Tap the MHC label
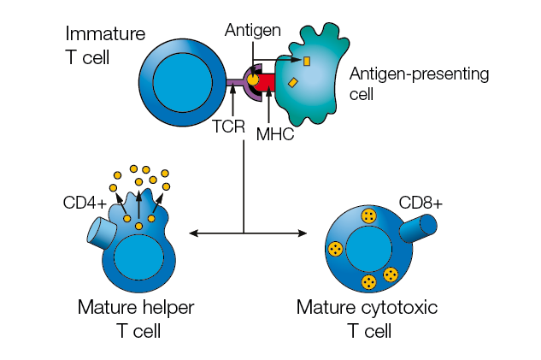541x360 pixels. (275, 133)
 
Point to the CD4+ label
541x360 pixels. (84, 204)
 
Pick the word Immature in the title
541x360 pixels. (105, 33)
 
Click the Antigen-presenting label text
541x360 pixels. (419, 74)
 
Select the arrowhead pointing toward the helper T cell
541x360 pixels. (191, 233)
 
